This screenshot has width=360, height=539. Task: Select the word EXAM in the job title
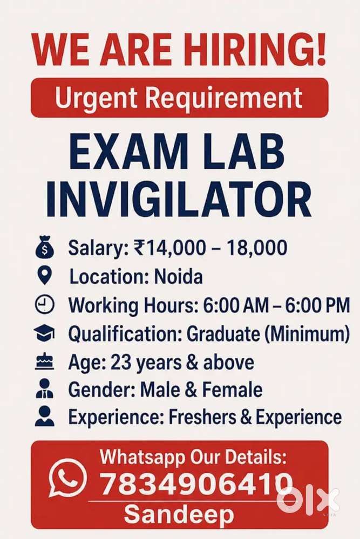pyautogui.click(x=128, y=152)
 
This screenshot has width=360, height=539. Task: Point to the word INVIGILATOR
pyautogui.click(x=179, y=200)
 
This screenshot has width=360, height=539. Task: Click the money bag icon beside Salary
pyautogui.click(x=45, y=247)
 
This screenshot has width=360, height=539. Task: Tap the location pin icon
pyautogui.click(x=44, y=275)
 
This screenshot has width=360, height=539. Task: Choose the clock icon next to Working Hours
pyautogui.click(x=45, y=304)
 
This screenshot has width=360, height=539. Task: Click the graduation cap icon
pyautogui.click(x=44, y=333)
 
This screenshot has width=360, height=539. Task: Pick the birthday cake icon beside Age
pyautogui.click(x=45, y=361)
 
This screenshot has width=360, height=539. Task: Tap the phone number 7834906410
pyautogui.click(x=196, y=484)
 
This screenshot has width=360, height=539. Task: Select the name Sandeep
pyautogui.click(x=179, y=515)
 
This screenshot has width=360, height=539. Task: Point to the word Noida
pyautogui.click(x=179, y=277)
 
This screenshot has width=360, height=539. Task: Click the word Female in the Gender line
pyautogui.click(x=232, y=390)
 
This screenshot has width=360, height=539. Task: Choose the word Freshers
pyautogui.click(x=202, y=417)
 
